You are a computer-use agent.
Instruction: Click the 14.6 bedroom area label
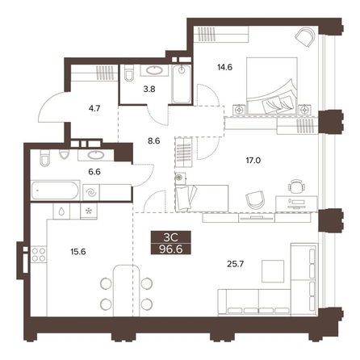tap(224, 67)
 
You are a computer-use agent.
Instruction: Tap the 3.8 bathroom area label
tap(149, 89)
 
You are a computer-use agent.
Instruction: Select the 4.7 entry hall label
tap(94, 108)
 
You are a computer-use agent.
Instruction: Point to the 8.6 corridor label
tap(154, 140)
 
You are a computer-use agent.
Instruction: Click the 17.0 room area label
tap(253, 161)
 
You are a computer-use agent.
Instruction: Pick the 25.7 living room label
tap(235, 264)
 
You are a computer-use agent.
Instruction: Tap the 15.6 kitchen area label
tap(78, 252)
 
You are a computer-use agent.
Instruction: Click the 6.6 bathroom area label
tap(94, 171)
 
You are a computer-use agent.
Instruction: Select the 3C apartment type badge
tap(171, 237)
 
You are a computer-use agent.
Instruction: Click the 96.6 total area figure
tap(171, 249)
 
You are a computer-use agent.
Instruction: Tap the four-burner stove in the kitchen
tap(39, 254)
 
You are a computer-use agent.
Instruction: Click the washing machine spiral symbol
tap(91, 192)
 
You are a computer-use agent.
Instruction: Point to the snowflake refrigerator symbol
tap(89, 211)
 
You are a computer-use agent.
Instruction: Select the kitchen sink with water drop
tap(61, 211)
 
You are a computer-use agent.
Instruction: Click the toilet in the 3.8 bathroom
tap(129, 73)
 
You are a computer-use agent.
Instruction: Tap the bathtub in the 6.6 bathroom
tap(55, 190)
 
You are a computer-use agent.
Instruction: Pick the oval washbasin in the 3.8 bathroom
tap(154, 70)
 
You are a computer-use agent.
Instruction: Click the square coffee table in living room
tap(273, 271)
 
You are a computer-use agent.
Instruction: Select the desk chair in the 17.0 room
tap(297, 186)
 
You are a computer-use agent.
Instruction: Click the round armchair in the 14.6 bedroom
tap(305, 36)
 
